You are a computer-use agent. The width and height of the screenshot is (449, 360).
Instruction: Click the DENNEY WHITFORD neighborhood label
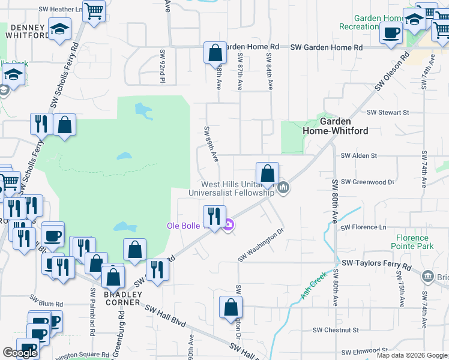tap(27, 31)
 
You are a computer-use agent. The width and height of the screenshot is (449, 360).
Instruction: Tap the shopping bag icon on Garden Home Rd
tap(215, 53)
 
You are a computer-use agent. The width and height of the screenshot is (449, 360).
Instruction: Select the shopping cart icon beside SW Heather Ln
tap(94, 10)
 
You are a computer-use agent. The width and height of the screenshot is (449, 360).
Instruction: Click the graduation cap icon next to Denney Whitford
tap(59, 29)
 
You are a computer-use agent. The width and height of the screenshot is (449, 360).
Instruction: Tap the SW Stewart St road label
tap(388, 112)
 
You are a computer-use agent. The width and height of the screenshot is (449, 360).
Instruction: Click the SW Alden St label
tap(358, 155)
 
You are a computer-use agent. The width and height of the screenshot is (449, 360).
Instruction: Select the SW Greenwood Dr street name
tap(367, 182)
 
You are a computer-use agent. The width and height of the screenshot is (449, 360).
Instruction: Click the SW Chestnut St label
tap(336, 330)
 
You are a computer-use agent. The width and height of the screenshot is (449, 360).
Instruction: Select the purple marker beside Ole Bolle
tap(228, 226)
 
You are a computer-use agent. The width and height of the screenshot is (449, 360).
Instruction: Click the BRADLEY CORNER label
tap(122, 298)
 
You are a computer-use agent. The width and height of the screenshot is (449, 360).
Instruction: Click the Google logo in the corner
tap(20, 353)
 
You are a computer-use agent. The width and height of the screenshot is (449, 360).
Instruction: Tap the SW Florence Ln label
tap(364, 227)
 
